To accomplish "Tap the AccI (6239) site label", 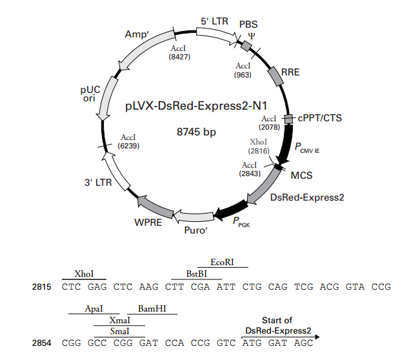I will (x=129, y=142).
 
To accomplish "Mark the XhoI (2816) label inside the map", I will (x=259, y=146).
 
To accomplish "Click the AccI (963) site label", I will (x=243, y=70).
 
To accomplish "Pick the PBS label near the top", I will (x=248, y=24).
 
